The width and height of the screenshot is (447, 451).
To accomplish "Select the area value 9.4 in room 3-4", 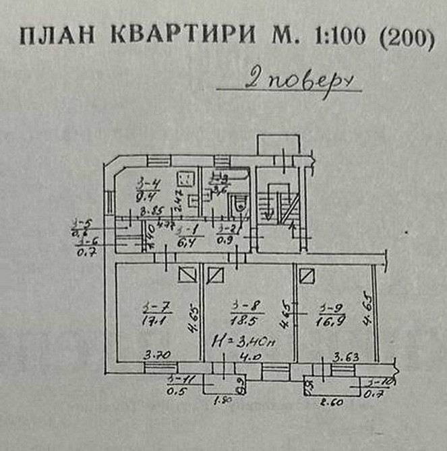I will tap(142, 197).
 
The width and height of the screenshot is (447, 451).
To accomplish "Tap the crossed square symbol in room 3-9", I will tap(307, 274).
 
